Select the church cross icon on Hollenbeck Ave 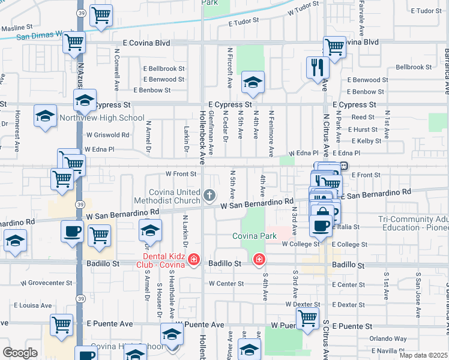tap(209, 194)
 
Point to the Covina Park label tap(255, 236)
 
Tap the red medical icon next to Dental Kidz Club tap(193, 260)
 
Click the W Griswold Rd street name tap(107, 135)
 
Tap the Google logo tap(20, 352)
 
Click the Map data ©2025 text tap(423, 355)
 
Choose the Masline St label tap(17, 28)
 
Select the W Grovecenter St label tap(47, 283)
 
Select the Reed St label tap(363, 118)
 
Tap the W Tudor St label tap(303, 11)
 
